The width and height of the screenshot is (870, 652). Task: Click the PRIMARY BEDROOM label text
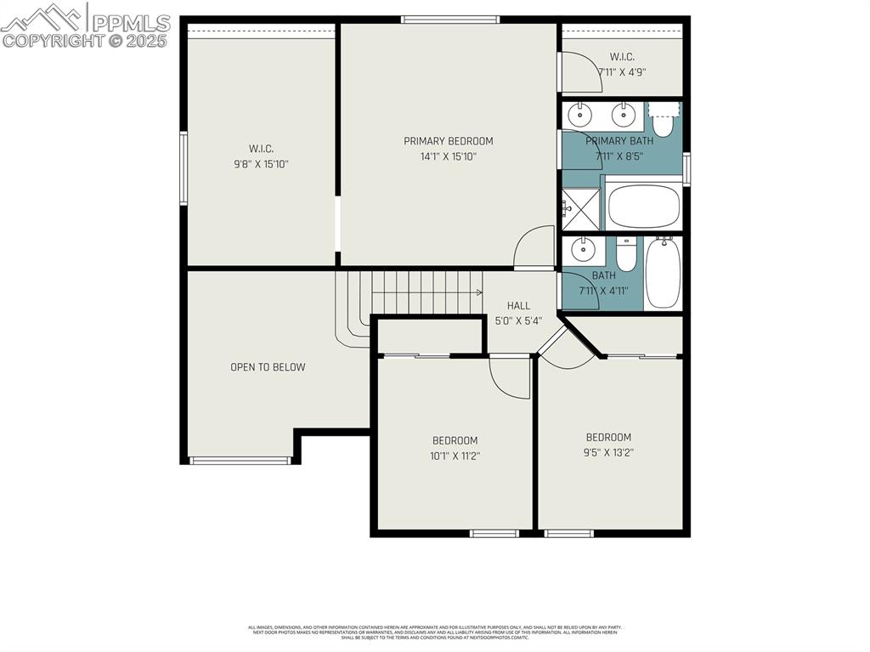pos(448,141)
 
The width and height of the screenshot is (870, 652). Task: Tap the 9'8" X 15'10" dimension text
pos(262,164)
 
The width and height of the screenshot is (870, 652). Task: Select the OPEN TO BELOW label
pos(268,367)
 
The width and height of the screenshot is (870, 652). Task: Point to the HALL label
pos(518,306)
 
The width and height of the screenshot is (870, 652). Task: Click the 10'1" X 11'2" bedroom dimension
pos(455,456)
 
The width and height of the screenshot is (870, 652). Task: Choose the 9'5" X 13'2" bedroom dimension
pos(608,452)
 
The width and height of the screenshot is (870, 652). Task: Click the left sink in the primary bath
pos(580,114)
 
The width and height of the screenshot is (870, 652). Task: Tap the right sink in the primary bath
pos(624,114)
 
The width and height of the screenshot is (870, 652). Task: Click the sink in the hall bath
pos(583,250)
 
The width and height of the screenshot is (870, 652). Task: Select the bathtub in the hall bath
pos(663,273)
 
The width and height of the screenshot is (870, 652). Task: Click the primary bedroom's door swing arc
pos(534,247)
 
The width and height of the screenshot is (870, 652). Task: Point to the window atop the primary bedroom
pos(449,20)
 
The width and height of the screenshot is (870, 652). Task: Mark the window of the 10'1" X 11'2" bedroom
pos(494,534)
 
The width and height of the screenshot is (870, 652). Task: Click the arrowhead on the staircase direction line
pos(479,292)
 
